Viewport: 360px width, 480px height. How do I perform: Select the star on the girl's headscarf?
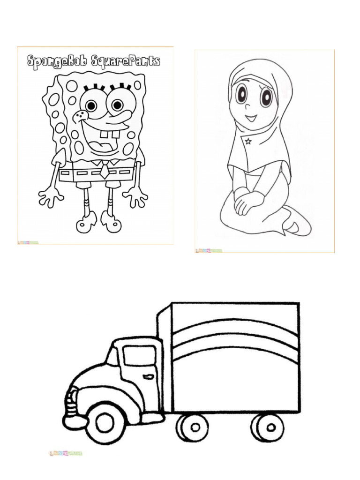247,142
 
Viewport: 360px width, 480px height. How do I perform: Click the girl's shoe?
296,225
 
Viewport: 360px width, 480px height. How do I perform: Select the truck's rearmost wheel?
268,427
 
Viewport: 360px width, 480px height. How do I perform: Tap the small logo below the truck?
65,453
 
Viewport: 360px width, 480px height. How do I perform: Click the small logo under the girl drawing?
209,251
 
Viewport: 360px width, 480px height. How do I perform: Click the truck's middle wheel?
192,427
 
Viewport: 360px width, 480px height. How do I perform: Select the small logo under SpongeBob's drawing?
28,242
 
